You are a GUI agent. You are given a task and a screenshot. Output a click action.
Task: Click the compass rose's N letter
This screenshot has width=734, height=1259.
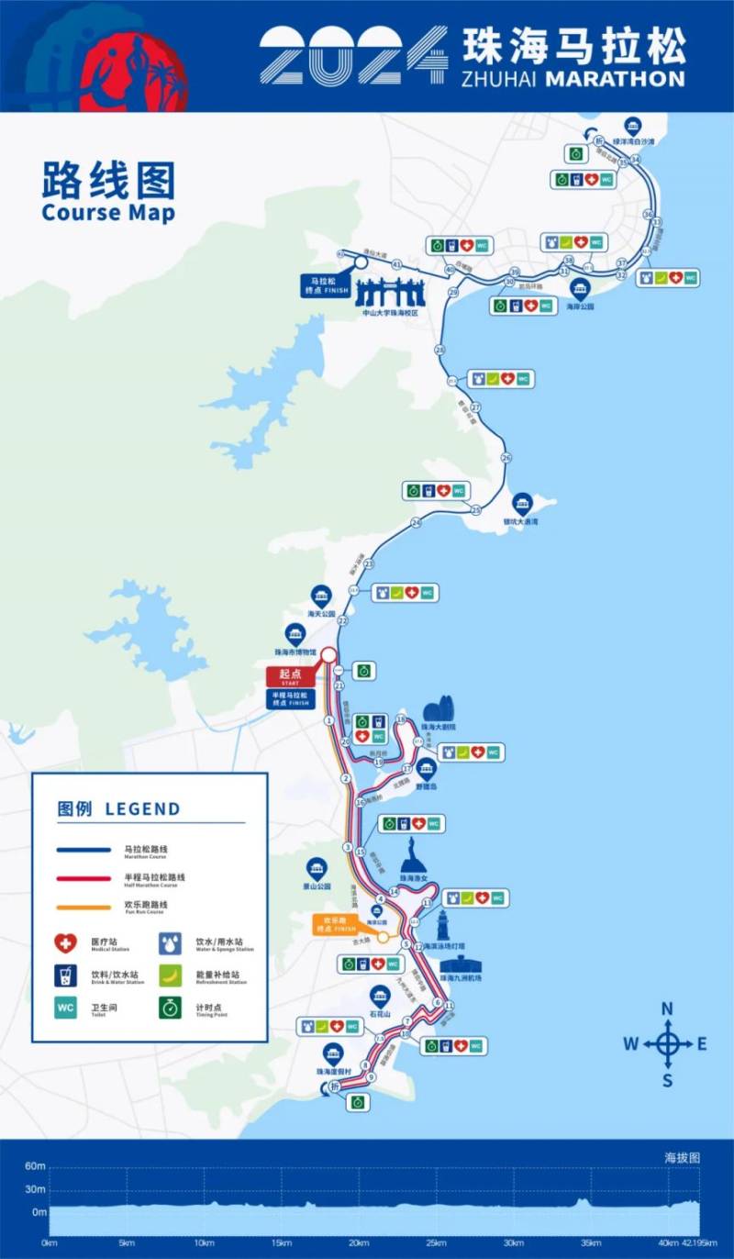(668, 1008)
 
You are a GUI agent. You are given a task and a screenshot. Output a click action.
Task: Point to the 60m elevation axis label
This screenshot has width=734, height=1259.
(35, 1166)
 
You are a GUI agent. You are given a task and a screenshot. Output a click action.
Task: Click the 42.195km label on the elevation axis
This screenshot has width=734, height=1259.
(700, 1242)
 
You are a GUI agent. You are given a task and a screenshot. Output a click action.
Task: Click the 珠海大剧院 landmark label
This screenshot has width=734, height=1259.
(439, 727)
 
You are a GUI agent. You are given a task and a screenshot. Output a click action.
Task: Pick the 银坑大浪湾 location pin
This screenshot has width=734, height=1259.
(522, 503)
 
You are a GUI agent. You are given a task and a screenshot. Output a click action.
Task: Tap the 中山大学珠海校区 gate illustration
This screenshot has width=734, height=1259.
(390, 294)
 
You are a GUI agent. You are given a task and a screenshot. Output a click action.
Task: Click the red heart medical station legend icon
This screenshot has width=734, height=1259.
(65, 942)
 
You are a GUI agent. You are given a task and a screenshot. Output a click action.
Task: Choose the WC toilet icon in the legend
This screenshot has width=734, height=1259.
(65, 1007)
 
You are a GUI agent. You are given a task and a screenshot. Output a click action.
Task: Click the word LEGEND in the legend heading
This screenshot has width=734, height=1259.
(142, 809)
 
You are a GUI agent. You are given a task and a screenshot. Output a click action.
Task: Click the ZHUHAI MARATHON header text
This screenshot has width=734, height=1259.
(573, 79)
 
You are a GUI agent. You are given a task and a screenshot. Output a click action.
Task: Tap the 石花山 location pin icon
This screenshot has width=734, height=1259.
(380, 996)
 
